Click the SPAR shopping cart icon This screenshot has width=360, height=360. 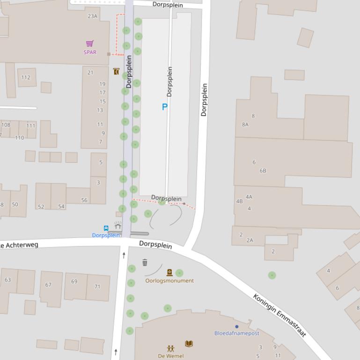(90, 43)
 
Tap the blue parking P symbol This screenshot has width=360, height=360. (164, 107)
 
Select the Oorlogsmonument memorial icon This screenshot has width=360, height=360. (169, 272)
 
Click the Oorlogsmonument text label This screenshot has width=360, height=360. (169, 281)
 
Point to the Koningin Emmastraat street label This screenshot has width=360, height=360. (279, 315)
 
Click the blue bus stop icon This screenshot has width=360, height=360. (106, 228)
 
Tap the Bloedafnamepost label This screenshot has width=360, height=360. (237, 333)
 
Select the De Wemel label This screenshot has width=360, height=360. (171, 356)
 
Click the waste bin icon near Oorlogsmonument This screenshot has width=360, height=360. (145, 263)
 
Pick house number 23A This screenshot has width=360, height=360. (93, 16)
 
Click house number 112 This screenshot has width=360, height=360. (26, 78)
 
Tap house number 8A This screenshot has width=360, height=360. (245, 125)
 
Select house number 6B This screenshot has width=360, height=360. (263, 171)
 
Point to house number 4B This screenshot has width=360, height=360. (239, 202)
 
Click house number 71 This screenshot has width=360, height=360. (97, 287)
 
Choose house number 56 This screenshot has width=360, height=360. (84, 200)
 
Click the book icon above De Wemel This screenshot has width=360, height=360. (189, 344)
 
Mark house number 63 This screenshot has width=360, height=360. (7, 280)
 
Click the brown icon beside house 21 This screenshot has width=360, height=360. (116, 72)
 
